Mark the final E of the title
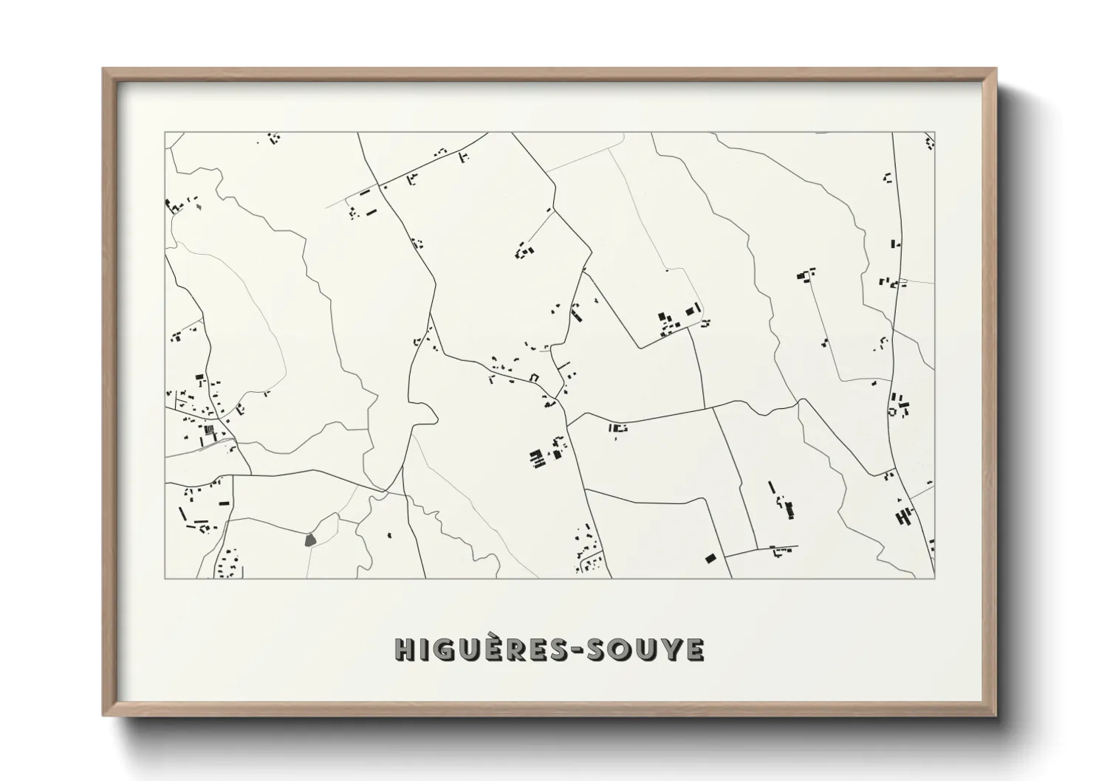694,650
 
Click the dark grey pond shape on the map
310,539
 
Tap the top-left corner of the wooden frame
103,69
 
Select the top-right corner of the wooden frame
996,69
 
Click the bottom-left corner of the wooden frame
103,715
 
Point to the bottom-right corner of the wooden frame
996,715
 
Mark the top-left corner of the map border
165,133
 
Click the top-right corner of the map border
934,133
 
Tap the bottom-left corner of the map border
165,578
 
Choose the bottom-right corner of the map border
934,578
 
